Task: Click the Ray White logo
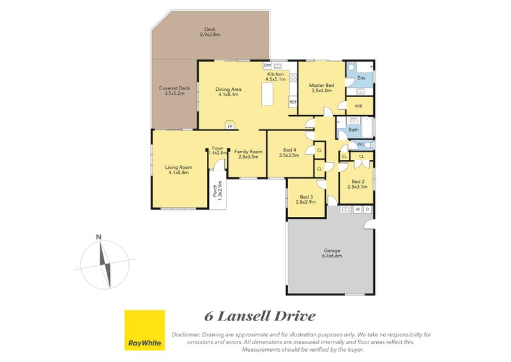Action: [144, 331]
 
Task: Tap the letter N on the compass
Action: [98, 237]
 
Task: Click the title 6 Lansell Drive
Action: [259, 316]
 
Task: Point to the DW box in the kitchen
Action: [267, 65]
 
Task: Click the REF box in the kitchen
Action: [293, 102]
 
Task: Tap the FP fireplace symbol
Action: [229, 125]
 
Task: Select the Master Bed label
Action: [321, 86]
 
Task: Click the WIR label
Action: [358, 106]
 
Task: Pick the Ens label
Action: [361, 78]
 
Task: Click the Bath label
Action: [353, 130]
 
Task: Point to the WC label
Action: [360, 144]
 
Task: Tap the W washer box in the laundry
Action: [358, 209]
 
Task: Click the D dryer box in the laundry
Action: [367, 209]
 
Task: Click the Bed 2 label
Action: [358, 182]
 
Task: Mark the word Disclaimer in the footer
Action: [187, 334]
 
